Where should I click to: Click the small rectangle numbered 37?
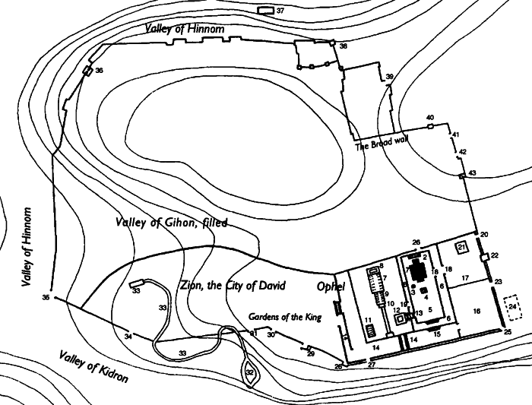point(265,11)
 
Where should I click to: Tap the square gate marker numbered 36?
point(87,71)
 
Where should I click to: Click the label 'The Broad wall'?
point(383,145)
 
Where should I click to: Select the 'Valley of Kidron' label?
point(92,366)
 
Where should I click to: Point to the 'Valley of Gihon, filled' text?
point(172,223)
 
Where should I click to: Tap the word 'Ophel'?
point(332,287)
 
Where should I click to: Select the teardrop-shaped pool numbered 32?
point(250,372)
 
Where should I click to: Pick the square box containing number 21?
point(461,248)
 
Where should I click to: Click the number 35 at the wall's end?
point(46,298)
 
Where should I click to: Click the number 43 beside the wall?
point(472,174)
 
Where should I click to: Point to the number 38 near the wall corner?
point(344,46)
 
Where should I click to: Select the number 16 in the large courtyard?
point(477,312)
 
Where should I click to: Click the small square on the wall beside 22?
point(483,258)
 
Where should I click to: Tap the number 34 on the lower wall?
point(128,336)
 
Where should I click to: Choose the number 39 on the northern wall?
point(390,78)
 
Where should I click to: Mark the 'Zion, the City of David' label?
point(231,286)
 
